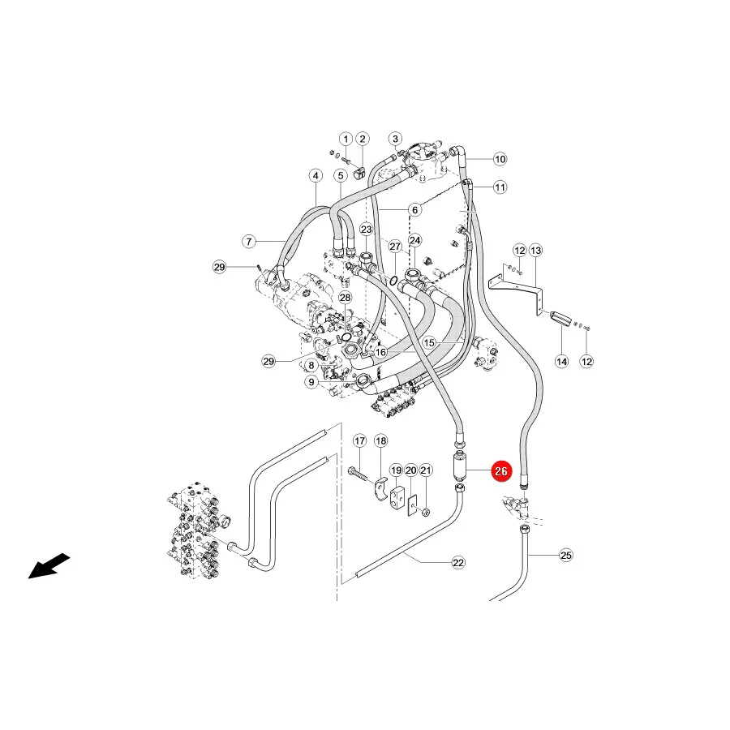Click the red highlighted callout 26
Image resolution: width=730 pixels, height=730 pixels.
click(x=501, y=471)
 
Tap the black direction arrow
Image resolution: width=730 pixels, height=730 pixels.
click(x=49, y=565)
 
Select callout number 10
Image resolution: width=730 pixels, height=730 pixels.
click(x=500, y=159)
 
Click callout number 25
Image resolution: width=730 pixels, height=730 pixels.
click(x=565, y=555)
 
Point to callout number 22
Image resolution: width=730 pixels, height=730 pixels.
click(x=458, y=562)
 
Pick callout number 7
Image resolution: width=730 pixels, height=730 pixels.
click(x=249, y=241)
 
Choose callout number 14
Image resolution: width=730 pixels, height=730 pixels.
click(x=562, y=361)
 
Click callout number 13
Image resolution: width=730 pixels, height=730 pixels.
click(x=536, y=251)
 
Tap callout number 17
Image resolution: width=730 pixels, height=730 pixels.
click(x=360, y=441)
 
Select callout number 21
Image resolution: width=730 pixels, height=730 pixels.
click(x=426, y=470)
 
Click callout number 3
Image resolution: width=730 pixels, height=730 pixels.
click(x=395, y=139)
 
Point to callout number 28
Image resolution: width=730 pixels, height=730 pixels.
click(x=345, y=298)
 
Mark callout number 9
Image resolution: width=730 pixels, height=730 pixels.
click(x=311, y=382)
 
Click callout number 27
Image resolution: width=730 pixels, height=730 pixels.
click(x=395, y=247)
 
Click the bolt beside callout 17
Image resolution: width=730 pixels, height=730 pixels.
click(x=359, y=474)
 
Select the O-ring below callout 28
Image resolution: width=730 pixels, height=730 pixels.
click(x=346, y=336)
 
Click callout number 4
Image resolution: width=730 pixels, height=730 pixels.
click(x=316, y=176)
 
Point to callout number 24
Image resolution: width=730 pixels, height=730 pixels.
click(x=414, y=240)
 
